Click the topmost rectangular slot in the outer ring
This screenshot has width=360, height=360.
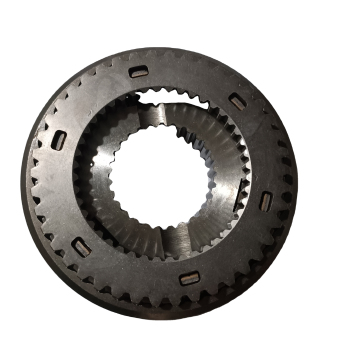pyautogui.click(x=138, y=71)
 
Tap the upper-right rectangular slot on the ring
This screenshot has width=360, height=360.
pyautogui.click(x=237, y=101)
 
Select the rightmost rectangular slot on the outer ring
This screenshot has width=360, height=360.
pyautogui.click(x=265, y=199)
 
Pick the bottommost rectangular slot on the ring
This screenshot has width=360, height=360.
pyautogui.click(x=189, y=278)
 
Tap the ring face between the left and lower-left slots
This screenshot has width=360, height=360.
pyautogui.click(x=63, y=195)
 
